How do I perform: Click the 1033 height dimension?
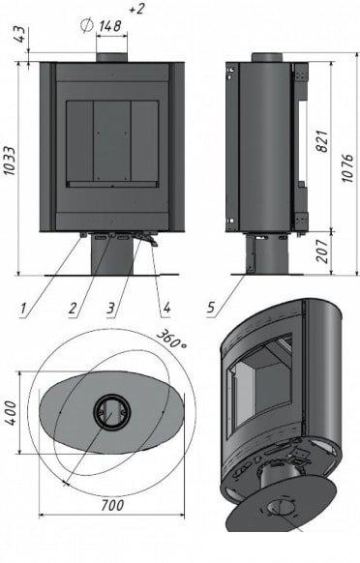pyautogui.click(x=10, y=161)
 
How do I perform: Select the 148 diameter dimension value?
pyautogui.click(x=110, y=26)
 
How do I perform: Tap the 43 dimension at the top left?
pyautogui.click(x=21, y=34)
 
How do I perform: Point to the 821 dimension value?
pyautogui.click(x=322, y=141)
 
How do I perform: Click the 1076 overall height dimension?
pyautogui.click(x=347, y=168)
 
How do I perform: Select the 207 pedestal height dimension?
pyautogui.click(x=323, y=251)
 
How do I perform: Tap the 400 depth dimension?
pyautogui.click(x=12, y=413)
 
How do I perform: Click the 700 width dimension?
pyautogui.click(x=112, y=505)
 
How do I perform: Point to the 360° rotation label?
pyautogui.click(x=171, y=339)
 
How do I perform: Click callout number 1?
pyautogui.click(x=23, y=308)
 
